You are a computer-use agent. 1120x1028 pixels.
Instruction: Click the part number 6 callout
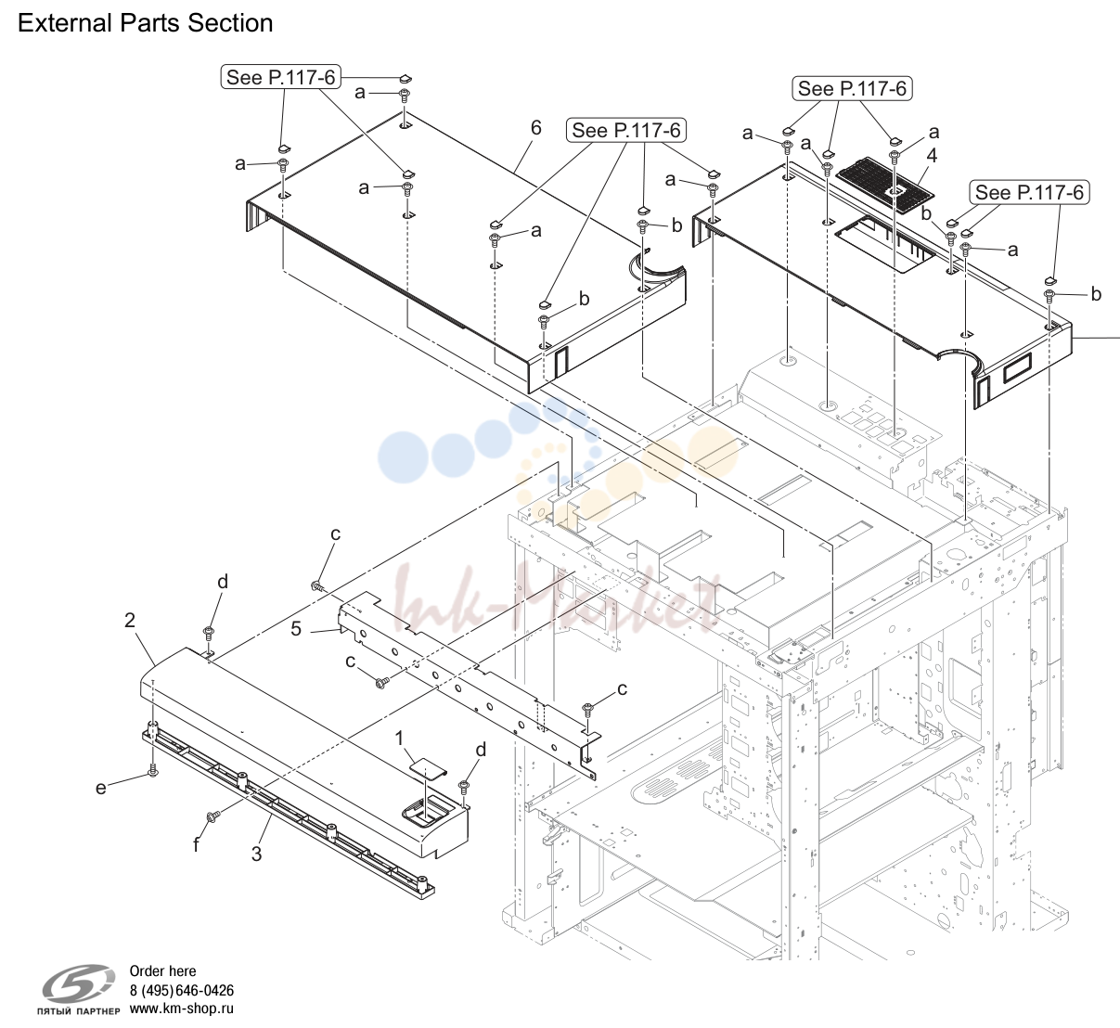point(536,128)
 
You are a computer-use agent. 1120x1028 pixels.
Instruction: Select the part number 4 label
point(932,156)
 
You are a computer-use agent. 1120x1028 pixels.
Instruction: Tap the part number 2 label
point(130,621)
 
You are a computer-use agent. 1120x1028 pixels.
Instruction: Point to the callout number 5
point(296,629)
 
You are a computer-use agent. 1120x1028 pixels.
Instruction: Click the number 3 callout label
point(256,855)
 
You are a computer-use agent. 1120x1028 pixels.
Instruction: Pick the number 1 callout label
point(399,739)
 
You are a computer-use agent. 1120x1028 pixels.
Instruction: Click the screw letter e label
point(100,788)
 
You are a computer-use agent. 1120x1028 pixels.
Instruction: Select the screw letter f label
point(196,845)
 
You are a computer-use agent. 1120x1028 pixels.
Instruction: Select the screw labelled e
point(152,772)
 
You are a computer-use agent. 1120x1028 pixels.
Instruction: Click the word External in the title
point(65,23)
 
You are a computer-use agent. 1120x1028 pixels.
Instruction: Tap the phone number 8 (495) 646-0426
point(182,991)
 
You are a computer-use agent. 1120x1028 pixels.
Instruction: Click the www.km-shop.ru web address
point(182,1009)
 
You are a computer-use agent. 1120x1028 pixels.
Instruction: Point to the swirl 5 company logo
point(79,983)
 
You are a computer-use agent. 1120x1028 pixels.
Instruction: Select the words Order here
point(162,971)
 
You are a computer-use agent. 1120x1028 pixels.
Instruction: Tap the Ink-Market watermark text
point(553,604)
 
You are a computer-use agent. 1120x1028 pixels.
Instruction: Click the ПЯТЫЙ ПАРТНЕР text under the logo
point(79,1011)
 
